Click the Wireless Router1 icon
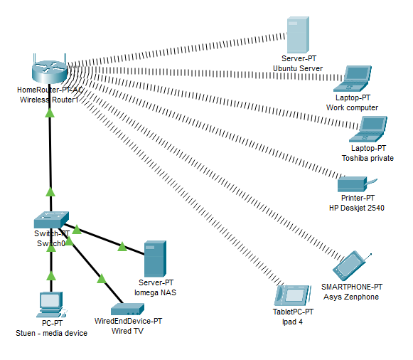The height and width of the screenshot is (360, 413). click(x=48, y=69)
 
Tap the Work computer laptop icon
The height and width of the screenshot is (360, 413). click(x=356, y=77)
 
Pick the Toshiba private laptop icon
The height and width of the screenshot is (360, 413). click(x=371, y=129)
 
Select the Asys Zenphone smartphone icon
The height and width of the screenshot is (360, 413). click(x=352, y=265)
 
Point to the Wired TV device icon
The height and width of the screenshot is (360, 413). click(x=128, y=310)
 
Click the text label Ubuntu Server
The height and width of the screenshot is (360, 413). click(x=298, y=69)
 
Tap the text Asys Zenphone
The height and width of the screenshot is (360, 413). click(x=351, y=297)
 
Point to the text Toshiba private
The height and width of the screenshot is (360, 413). click(x=368, y=158)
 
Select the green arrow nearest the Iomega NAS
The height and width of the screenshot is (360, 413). click(x=122, y=247)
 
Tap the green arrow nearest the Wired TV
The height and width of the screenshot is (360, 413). click(x=101, y=278)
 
